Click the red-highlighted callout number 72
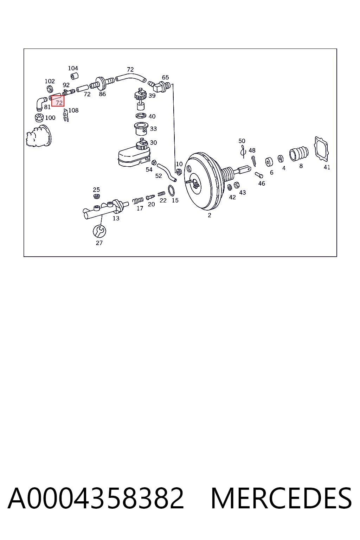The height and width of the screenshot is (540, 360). [x=59, y=103]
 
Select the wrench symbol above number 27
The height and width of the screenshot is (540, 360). [x=99, y=231]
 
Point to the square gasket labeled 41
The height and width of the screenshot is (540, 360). [x=321, y=149]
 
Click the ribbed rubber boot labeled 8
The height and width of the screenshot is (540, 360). [x=299, y=154]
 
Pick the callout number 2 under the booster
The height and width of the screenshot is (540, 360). [x=209, y=215]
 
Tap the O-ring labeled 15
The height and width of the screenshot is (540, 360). [x=171, y=191]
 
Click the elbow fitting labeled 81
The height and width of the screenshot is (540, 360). [x=41, y=103]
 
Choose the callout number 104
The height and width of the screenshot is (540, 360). [x=73, y=68]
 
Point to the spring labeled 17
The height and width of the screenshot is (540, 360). [x=138, y=200]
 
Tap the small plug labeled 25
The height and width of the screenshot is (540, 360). [x=97, y=196]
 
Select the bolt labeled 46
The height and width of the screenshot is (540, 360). [x=259, y=175]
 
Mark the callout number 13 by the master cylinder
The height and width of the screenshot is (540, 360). [x=116, y=218]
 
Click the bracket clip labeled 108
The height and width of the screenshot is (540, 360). [x=66, y=115]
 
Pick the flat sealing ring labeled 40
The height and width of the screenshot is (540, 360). [x=141, y=116]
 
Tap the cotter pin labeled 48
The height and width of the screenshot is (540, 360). [x=254, y=161]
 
